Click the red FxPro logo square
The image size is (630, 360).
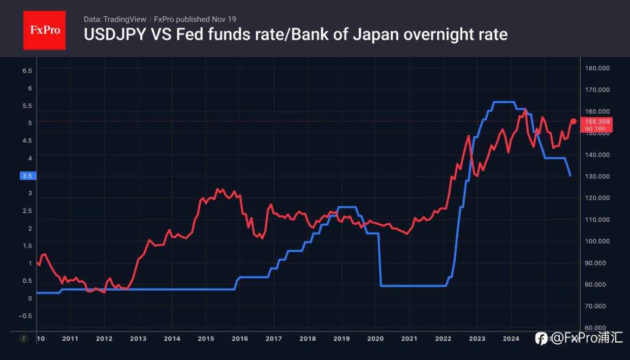coord(44,30)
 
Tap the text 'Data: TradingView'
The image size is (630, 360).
coord(115,19)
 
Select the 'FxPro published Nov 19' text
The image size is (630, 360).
coord(195,19)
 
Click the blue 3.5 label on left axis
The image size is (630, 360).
coord(27,176)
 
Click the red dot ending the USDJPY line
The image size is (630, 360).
coord(573,121)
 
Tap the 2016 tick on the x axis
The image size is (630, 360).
coord(240,338)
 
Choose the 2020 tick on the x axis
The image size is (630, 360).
coord(375,338)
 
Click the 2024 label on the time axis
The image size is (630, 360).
coord(511,338)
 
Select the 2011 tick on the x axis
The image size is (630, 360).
coord(70,338)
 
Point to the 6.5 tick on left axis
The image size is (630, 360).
coord(27,70)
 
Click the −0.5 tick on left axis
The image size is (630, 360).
coord(25,316)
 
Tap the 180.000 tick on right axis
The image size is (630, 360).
coord(598,68)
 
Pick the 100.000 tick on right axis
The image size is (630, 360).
coord(598,241)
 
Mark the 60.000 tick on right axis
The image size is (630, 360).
coord(598,328)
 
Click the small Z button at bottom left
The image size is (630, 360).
coord(23,338)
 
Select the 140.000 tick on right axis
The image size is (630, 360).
coord(598,154)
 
